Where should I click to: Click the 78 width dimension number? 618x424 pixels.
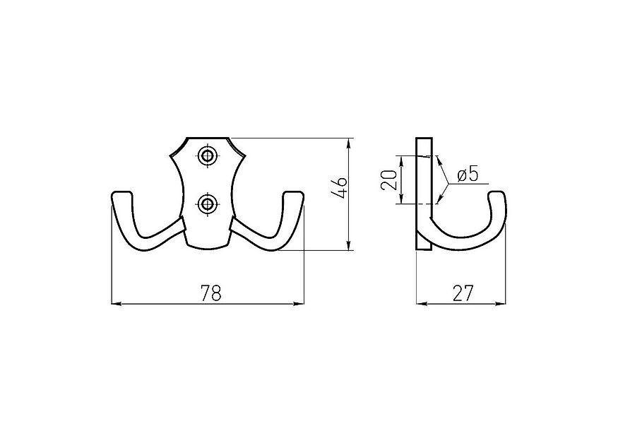pyautogui.click(x=210, y=293)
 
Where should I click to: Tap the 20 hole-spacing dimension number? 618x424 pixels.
pyautogui.click(x=388, y=180)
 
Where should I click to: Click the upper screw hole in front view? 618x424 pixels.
pyautogui.click(x=207, y=156)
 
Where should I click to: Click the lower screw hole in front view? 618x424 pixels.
pyautogui.click(x=207, y=205)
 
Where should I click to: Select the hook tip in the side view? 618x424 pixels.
pyautogui.click(x=497, y=196)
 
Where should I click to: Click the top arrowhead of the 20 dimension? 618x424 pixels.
pyautogui.click(x=400, y=158)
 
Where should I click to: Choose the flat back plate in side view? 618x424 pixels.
pyautogui.click(x=423, y=191)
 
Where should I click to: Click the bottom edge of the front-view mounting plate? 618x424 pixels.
pyautogui.click(x=208, y=248)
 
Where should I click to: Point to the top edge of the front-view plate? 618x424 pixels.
pyautogui.click(x=208, y=138)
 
